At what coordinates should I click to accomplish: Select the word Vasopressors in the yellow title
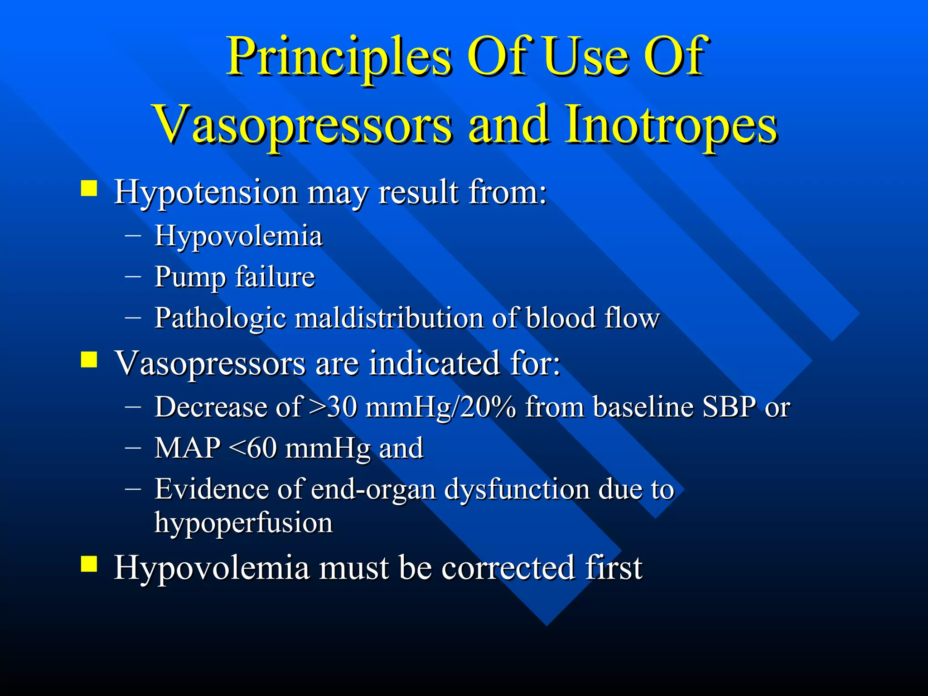303,125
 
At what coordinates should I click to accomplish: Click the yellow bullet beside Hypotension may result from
89,188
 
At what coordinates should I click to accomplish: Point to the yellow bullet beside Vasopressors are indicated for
89,360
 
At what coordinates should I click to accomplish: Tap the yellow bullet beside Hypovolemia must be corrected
89,564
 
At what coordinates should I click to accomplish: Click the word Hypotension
206,192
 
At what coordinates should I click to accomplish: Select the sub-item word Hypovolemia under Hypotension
238,236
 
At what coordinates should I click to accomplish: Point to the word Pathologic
220,319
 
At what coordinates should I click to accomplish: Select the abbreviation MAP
187,448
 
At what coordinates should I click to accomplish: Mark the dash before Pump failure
133,276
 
